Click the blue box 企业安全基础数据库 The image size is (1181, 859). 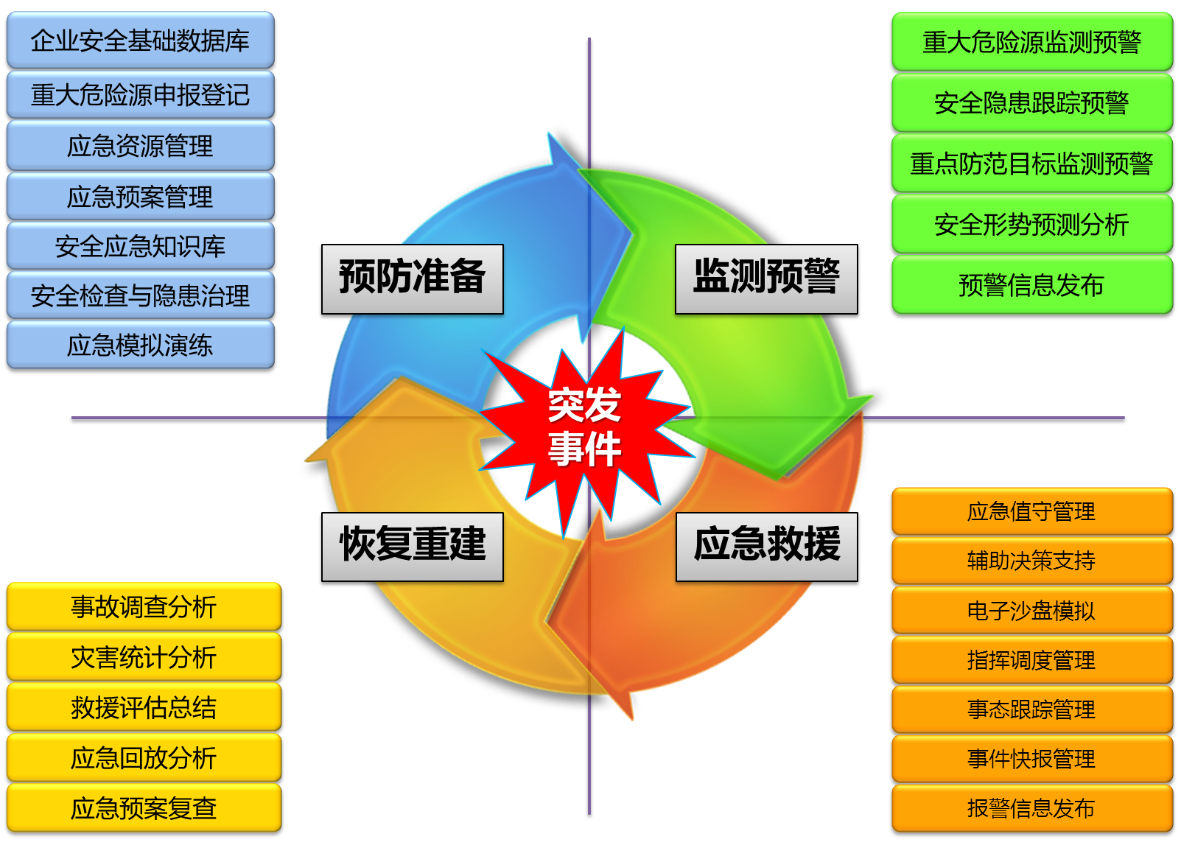[140, 40]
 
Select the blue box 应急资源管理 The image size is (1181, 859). [140, 146]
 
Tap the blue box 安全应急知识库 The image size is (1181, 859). [140, 246]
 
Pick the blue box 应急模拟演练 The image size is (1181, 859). [140, 345]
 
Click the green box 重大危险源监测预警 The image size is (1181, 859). [1032, 42]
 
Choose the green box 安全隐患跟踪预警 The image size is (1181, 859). [1032, 102]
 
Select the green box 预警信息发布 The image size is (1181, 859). [1032, 285]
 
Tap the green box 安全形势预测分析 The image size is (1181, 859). [1032, 224]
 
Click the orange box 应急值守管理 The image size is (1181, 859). [1032, 511]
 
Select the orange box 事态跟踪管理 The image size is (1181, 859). [1032, 709]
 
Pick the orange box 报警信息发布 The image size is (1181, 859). [1032, 808]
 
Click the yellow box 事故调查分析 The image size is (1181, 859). [144, 606]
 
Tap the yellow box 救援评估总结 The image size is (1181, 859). [144, 707]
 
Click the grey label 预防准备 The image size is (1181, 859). [413, 279]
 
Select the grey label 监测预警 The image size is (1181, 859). [767, 279]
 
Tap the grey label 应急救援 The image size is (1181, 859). [767, 547]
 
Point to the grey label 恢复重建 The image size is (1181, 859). [413, 547]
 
